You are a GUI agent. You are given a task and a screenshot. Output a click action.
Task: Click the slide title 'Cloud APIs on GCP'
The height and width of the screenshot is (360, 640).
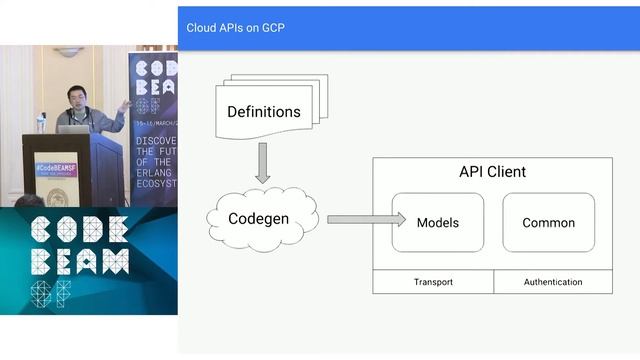[x=235, y=27]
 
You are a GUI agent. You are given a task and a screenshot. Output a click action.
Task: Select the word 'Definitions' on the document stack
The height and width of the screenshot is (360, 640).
[x=263, y=111]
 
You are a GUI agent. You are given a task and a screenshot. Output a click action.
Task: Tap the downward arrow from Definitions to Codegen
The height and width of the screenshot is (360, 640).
[x=263, y=162]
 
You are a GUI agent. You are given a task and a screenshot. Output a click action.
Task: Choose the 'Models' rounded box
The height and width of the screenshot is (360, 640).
[x=437, y=222]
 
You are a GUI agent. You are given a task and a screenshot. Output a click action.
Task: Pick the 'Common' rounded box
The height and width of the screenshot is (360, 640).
[x=548, y=222]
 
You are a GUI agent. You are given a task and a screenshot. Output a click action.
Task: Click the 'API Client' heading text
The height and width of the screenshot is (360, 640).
[x=492, y=172]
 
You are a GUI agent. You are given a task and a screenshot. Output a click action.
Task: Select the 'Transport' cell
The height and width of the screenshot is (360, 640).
[x=433, y=282]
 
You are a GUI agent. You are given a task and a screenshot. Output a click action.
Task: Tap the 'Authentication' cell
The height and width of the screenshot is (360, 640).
[x=553, y=282]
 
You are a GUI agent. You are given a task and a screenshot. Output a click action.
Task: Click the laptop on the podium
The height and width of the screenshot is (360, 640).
[x=73, y=129]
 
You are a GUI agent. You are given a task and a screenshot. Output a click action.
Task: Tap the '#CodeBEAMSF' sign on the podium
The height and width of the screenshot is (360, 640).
[x=56, y=169]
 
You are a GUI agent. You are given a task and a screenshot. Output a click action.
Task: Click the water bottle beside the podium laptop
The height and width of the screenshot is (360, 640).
[x=41, y=122]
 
